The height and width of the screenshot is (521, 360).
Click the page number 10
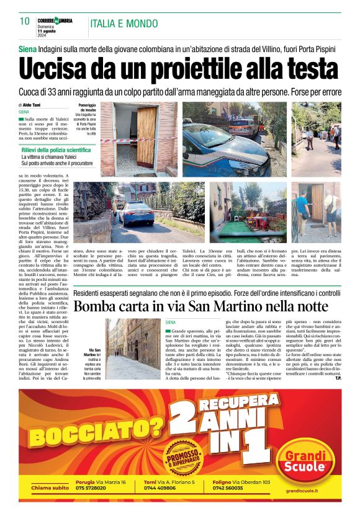pyautogui.click(x=25, y=22)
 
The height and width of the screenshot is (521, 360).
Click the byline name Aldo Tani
pyautogui.click(x=34, y=105)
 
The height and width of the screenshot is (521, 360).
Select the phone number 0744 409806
pyautogui.click(x=161, y=489)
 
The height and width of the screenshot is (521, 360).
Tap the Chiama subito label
pyautogui.click(x=50, y=488)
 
